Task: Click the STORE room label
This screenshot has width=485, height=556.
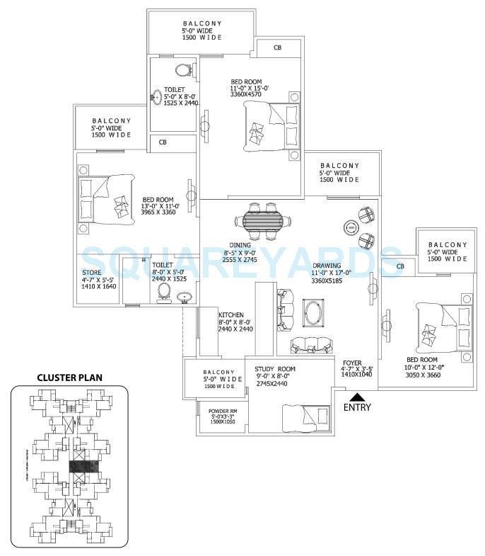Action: click(91, 272)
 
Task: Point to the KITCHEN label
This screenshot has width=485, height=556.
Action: click(231, 314)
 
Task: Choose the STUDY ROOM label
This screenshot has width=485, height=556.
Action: click(275, 370)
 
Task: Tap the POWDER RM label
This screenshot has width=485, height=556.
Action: click(223, 410)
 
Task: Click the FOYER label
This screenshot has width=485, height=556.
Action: click(352, 362)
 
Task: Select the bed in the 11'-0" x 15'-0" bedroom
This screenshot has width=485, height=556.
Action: click(271, 126)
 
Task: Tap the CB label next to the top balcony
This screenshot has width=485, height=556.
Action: click(277, 49)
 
